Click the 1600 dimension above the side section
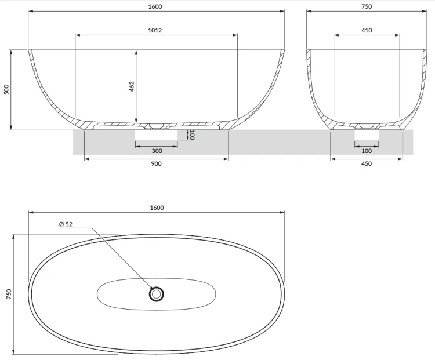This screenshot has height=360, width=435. coord(156,6)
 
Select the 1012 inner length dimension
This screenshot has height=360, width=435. coord(155,30)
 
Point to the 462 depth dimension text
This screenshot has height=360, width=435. coord(131,87)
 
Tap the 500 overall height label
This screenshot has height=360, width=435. coord(6,90)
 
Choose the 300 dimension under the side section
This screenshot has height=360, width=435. coord(156,151)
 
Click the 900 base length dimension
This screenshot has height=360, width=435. coord(156,164)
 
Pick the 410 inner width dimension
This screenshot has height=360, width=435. coord(366,30)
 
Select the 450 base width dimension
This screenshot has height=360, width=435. coord(366,164)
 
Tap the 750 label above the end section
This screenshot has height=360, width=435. coord(366,6)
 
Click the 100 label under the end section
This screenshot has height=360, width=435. coord(366,151)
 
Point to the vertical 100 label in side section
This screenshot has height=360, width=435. coord(192,135)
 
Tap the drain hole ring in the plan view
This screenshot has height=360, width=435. coord(156,294)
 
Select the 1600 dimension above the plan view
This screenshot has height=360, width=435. coord(156,208)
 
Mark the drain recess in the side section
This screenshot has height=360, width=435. coord(156,126)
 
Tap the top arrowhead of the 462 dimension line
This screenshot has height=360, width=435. coord(136,52)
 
